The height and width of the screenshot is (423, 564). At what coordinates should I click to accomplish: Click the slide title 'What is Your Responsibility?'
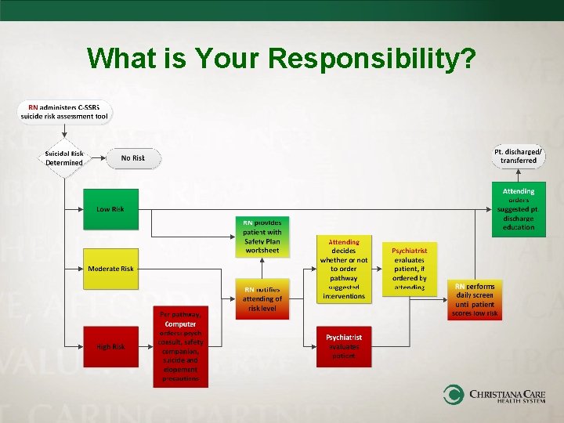pos(281,57)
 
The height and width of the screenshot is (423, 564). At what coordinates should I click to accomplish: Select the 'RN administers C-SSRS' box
pos(65,112)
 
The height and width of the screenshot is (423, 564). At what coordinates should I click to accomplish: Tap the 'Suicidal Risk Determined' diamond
pos(63,157)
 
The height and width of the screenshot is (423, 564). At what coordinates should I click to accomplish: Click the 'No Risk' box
pos(132,158)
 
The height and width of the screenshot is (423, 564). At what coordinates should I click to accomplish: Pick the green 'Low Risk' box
pos(110,209)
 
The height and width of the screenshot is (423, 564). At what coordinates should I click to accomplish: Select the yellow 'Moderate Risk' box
pos(110,269)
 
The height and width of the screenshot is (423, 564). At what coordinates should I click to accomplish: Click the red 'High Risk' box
pos(110,346)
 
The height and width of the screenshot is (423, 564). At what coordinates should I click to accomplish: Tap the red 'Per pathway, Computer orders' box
pos(181,346)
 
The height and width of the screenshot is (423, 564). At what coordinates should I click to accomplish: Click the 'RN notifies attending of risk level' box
pos(262,298)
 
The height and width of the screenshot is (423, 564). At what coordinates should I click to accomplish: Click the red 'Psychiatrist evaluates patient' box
pos(343,346)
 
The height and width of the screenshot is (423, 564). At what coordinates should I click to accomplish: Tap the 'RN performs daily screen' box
pos(474,300)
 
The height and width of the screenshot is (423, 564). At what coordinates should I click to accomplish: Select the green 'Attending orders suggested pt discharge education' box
pos(518,209)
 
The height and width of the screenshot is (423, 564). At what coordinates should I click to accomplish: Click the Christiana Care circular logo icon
pos(454,394)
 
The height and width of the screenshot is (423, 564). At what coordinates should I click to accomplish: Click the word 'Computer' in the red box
pos(181,324)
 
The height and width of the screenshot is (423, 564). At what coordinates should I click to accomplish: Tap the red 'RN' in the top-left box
pos(33,107)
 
